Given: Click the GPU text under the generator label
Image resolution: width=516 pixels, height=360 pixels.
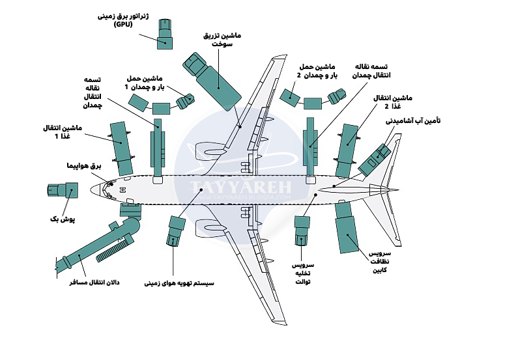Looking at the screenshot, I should [122, 24].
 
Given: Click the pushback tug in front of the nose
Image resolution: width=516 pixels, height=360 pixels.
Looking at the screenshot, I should [62, 191].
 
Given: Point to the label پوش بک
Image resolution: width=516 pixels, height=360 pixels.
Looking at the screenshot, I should [63, 219].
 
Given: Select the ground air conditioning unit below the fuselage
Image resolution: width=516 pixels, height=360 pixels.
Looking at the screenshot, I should [176, 230].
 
